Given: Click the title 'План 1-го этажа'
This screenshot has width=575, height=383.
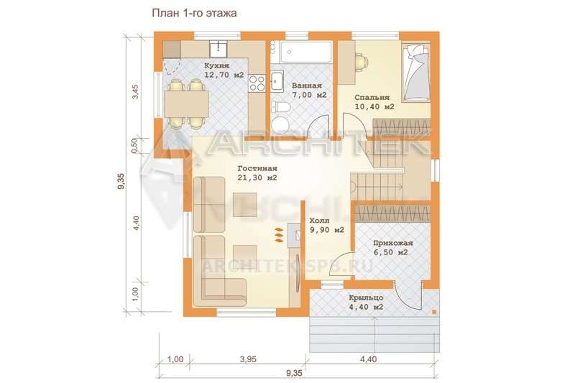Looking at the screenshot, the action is pyautogui.click(x=194, y=13).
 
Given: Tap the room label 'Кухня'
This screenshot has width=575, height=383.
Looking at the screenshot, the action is pyautogui.click(x=217, y=66).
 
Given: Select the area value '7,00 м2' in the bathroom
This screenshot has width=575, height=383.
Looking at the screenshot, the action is pyautogui.click(x=310, y=95).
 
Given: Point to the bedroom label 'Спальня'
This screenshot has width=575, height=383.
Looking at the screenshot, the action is pyautogui.click(x=372, y=98).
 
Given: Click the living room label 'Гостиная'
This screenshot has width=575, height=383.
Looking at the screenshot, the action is pyautogui.click(x=257, y=169).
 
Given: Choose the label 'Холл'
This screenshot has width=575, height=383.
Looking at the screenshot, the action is pyautogui.click(x=319, y=221).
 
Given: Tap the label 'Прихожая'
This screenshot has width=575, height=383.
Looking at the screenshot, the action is pyautogui.click(x=393, y=243).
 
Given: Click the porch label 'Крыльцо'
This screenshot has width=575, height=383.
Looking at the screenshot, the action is pyautogui.click(x=367, y=297).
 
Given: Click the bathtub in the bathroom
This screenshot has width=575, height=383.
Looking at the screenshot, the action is pyautogui.click(x=305, y=52).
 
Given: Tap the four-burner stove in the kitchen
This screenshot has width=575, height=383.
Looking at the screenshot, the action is pyautogui.click(x=257, y=83).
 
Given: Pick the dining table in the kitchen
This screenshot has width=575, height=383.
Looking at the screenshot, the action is pyautogui.click(x=186, y=103).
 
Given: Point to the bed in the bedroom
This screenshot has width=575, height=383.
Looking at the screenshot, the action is pyautogui.click(x=416, y=72).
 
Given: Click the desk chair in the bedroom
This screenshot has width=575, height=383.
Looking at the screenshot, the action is pyautogui.click(x=362, y=62).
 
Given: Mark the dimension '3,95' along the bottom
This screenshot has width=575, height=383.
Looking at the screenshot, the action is pyautogui.click(x=248, y=359).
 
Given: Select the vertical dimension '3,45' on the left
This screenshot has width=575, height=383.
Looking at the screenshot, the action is pyautogui.click(x=135, y=92).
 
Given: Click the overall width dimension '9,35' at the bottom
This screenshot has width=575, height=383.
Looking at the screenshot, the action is pyautogui.click(x=294, y=373).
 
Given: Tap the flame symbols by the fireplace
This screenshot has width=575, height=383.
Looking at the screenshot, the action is pyautogui.click(x=279, y=235).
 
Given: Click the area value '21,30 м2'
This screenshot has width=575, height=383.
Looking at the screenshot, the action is pyautogui.click(x=257, y=177).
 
